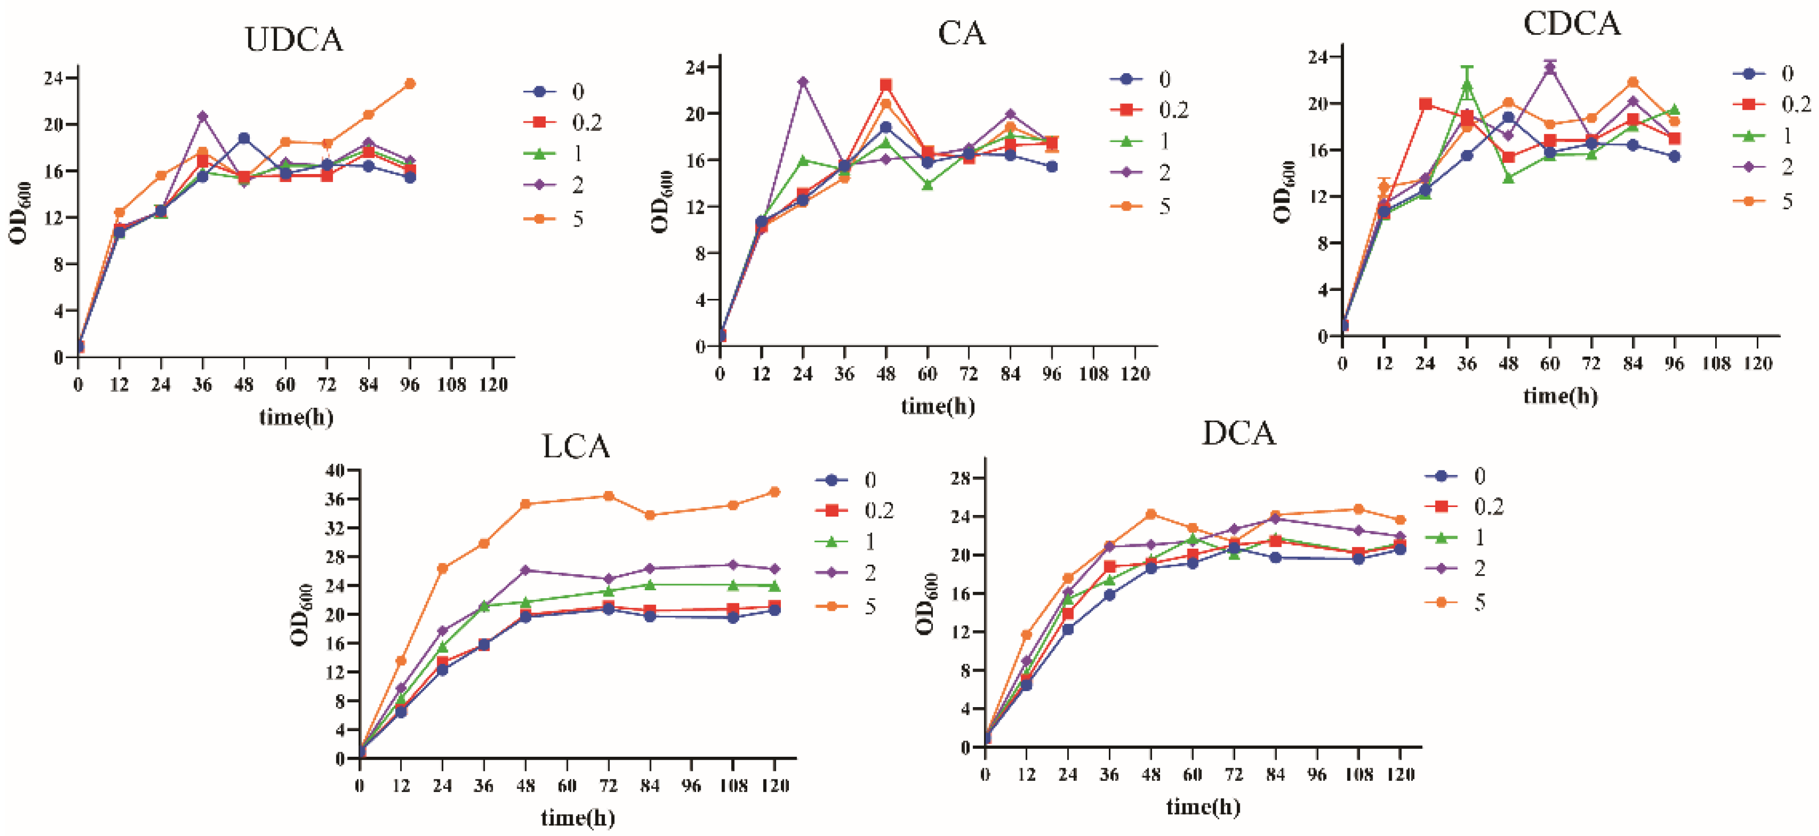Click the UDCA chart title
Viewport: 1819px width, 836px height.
coord(294,40)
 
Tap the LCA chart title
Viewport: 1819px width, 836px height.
coord(576,446)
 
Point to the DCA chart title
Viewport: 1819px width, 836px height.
coord(1239,433)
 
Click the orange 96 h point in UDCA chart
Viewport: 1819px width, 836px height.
coord(410,84)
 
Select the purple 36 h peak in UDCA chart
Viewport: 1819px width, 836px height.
coord(203,116)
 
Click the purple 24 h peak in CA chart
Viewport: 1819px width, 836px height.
coord(803,82)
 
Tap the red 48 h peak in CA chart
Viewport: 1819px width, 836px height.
coord(886,85)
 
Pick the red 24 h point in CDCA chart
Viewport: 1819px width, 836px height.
coord(1426,104)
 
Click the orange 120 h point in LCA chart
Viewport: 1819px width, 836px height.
coord(775,492)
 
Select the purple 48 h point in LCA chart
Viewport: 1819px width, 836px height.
coord(526,570)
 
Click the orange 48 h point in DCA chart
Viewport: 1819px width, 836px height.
coord(1151,514)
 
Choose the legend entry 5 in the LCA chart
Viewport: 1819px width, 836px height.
coord(870,606)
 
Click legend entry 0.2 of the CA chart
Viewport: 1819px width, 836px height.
coord(1174,110)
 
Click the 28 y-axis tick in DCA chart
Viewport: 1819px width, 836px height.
coord(959,478)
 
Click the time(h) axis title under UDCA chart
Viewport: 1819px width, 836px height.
coord(296,417)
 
